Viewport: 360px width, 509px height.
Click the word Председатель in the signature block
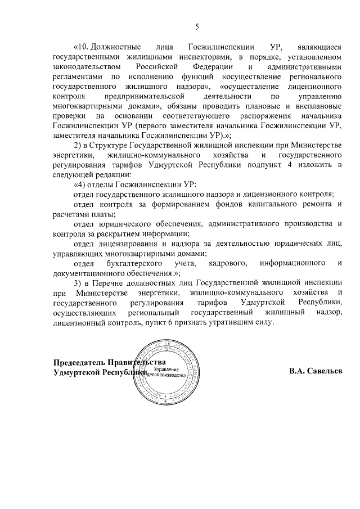[79, 363]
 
